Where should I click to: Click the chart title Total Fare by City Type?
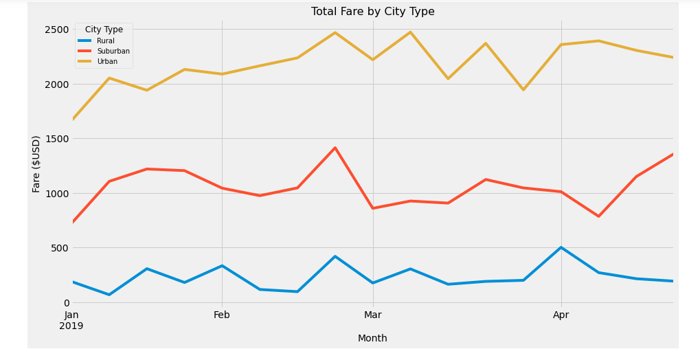(x=372, y=12)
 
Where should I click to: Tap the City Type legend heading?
(x=104, y=30)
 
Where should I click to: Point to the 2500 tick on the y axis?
(x=57, y=30)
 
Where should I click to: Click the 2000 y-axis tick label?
(x=57, y=85)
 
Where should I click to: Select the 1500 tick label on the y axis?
(x=57, y=139)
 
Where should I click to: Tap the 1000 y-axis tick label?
(x=57, y=194)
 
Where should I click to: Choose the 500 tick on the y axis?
(x=60, y=248)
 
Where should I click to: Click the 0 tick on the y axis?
(x=66, y=303)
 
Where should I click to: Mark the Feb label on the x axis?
(x=221, y=315)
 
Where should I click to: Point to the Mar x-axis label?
(x=372, y=315)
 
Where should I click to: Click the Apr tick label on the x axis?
(x=561, y=315)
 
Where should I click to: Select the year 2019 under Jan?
(x=71, y=326)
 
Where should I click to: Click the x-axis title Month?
(x=372, y=338)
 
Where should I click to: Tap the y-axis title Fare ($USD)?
(x=36, y=164)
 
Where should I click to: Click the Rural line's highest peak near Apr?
(x=561, y=247)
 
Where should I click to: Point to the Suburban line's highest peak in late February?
(x=335, y=148)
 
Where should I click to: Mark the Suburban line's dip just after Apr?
(x=598, y=216)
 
